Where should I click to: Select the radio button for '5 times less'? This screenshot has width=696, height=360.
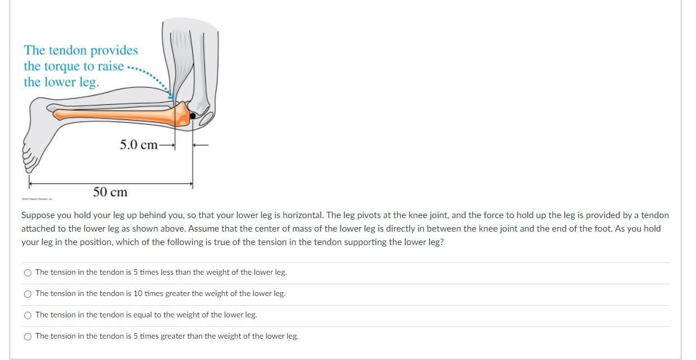click(x=28, y=273)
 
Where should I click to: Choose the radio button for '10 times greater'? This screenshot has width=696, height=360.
click(x=28, y=294)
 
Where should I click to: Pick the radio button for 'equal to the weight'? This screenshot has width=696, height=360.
click(x=28, y=315)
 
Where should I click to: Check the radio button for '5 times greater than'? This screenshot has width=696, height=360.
click(x=28, y=336)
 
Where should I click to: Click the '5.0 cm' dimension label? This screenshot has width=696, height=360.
click(x=138, y=145)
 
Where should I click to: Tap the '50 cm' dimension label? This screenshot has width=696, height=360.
click(x=110, y=192)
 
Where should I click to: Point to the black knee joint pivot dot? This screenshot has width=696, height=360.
click(x=193, y=116)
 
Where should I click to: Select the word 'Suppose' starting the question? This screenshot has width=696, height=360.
click(x=37, y=215)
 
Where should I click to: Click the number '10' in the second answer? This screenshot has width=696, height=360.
click(x=137, y=294)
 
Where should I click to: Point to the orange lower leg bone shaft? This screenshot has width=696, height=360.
click(x=112, y=114)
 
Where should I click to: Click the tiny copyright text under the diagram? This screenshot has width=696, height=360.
click(x=37, y=199)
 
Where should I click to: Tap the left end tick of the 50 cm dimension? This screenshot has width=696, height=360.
click(x=30, y=183)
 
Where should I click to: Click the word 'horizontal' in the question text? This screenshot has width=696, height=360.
click(x=302, y=215)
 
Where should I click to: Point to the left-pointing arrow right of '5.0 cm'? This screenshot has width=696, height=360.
click(x=201, y=145)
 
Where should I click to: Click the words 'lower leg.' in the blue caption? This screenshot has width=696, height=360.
click(x=62, y=82)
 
